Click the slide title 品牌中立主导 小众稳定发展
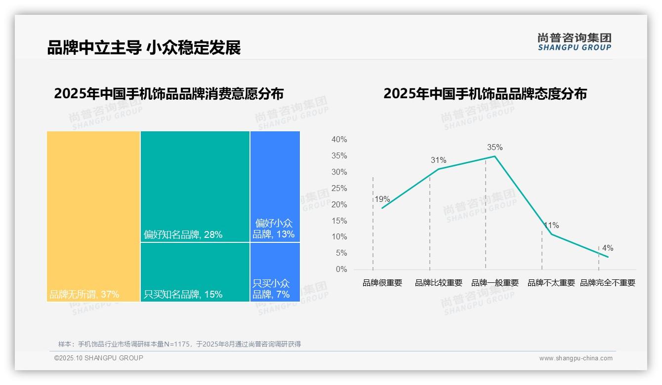point(144,48)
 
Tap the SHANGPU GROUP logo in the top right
point(575,42)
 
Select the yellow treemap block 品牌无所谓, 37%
point(93,216)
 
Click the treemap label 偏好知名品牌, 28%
point(183,234)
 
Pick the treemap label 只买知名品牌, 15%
point(183,295)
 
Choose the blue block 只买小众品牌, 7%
point(275,271)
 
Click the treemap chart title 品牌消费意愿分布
point(169,94)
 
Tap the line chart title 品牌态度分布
point(485,94)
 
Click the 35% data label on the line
point(495,147)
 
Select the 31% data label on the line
point(438,160)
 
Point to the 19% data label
point(382,199)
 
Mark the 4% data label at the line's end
point(607,248)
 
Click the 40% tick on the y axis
point(339,140)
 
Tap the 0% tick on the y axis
point(341,269)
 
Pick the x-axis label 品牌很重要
point(382,283)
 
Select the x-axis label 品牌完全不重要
point(607,283)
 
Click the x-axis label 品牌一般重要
point(495,283)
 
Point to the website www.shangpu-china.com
point(576,358)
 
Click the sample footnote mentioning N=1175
point(179,344)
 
